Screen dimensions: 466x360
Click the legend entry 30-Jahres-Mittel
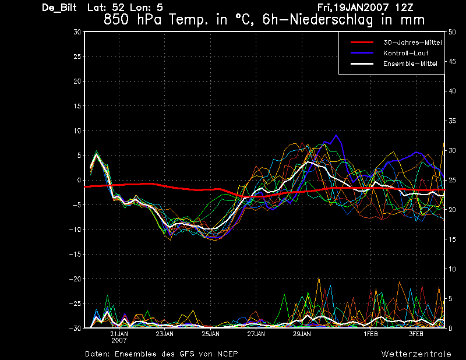click(x=412, y=43)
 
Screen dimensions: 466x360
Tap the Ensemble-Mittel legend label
click(x=410, y=63)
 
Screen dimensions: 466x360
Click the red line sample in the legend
click(x=362, y=43)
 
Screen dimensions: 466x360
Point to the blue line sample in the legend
click(x=362, y=53)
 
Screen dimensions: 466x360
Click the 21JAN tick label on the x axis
click(x=119, y=334)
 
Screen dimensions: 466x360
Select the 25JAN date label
click(x=211, y=334)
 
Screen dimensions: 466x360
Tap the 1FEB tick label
click(x=370, y=334)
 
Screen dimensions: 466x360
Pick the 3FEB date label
click(x=416, y=334)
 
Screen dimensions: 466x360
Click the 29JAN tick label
click(x=302, y=334)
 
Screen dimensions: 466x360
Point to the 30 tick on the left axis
click(x=77, y=32)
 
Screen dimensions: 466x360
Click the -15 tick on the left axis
click(x=75, y=254)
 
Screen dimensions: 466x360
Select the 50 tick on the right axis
click(x=452, y=32)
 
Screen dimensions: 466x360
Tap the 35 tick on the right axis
click(x=452, y=121)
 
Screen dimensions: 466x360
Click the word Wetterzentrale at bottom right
click(x=416, y=354)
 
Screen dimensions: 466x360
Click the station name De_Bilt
click(x=59, y=8)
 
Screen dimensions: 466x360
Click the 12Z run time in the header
click(x=404, y=8)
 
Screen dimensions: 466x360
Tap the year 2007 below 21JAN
click(x=119, y=341)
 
